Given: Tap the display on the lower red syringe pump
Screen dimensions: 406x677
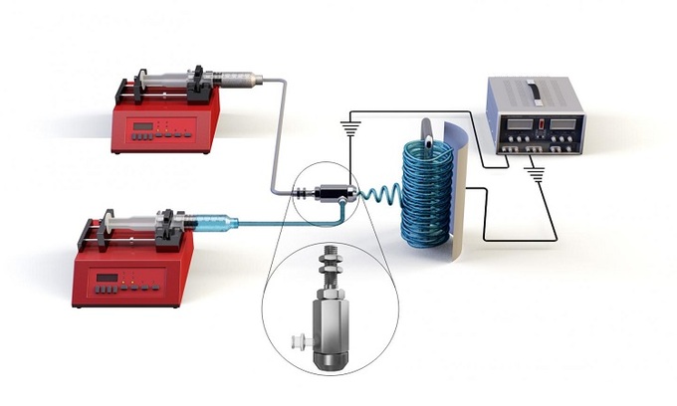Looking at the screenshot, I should coord(110,277).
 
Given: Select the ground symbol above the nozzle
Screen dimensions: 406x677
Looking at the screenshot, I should coord(348,126).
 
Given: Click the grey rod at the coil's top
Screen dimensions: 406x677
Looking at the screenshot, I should coord(426,130).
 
